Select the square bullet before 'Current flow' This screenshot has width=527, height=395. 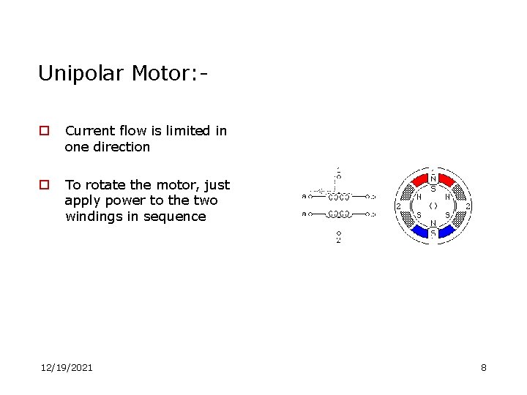pos(45,131)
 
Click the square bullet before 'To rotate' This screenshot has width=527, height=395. pos(45,185)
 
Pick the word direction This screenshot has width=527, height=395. pos(121,146)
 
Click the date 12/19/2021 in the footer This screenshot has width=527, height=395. pos(67,367)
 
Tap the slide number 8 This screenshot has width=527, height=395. pos(483,367)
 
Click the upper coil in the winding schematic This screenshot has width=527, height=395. pos(338,196)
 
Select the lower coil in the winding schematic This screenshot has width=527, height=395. pos(338,214)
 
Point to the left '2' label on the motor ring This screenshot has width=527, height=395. pos(398,206)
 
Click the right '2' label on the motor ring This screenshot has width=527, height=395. pos(468,206)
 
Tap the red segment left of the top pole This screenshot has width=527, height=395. pos(418,181)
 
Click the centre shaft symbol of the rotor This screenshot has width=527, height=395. pos(433,206)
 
